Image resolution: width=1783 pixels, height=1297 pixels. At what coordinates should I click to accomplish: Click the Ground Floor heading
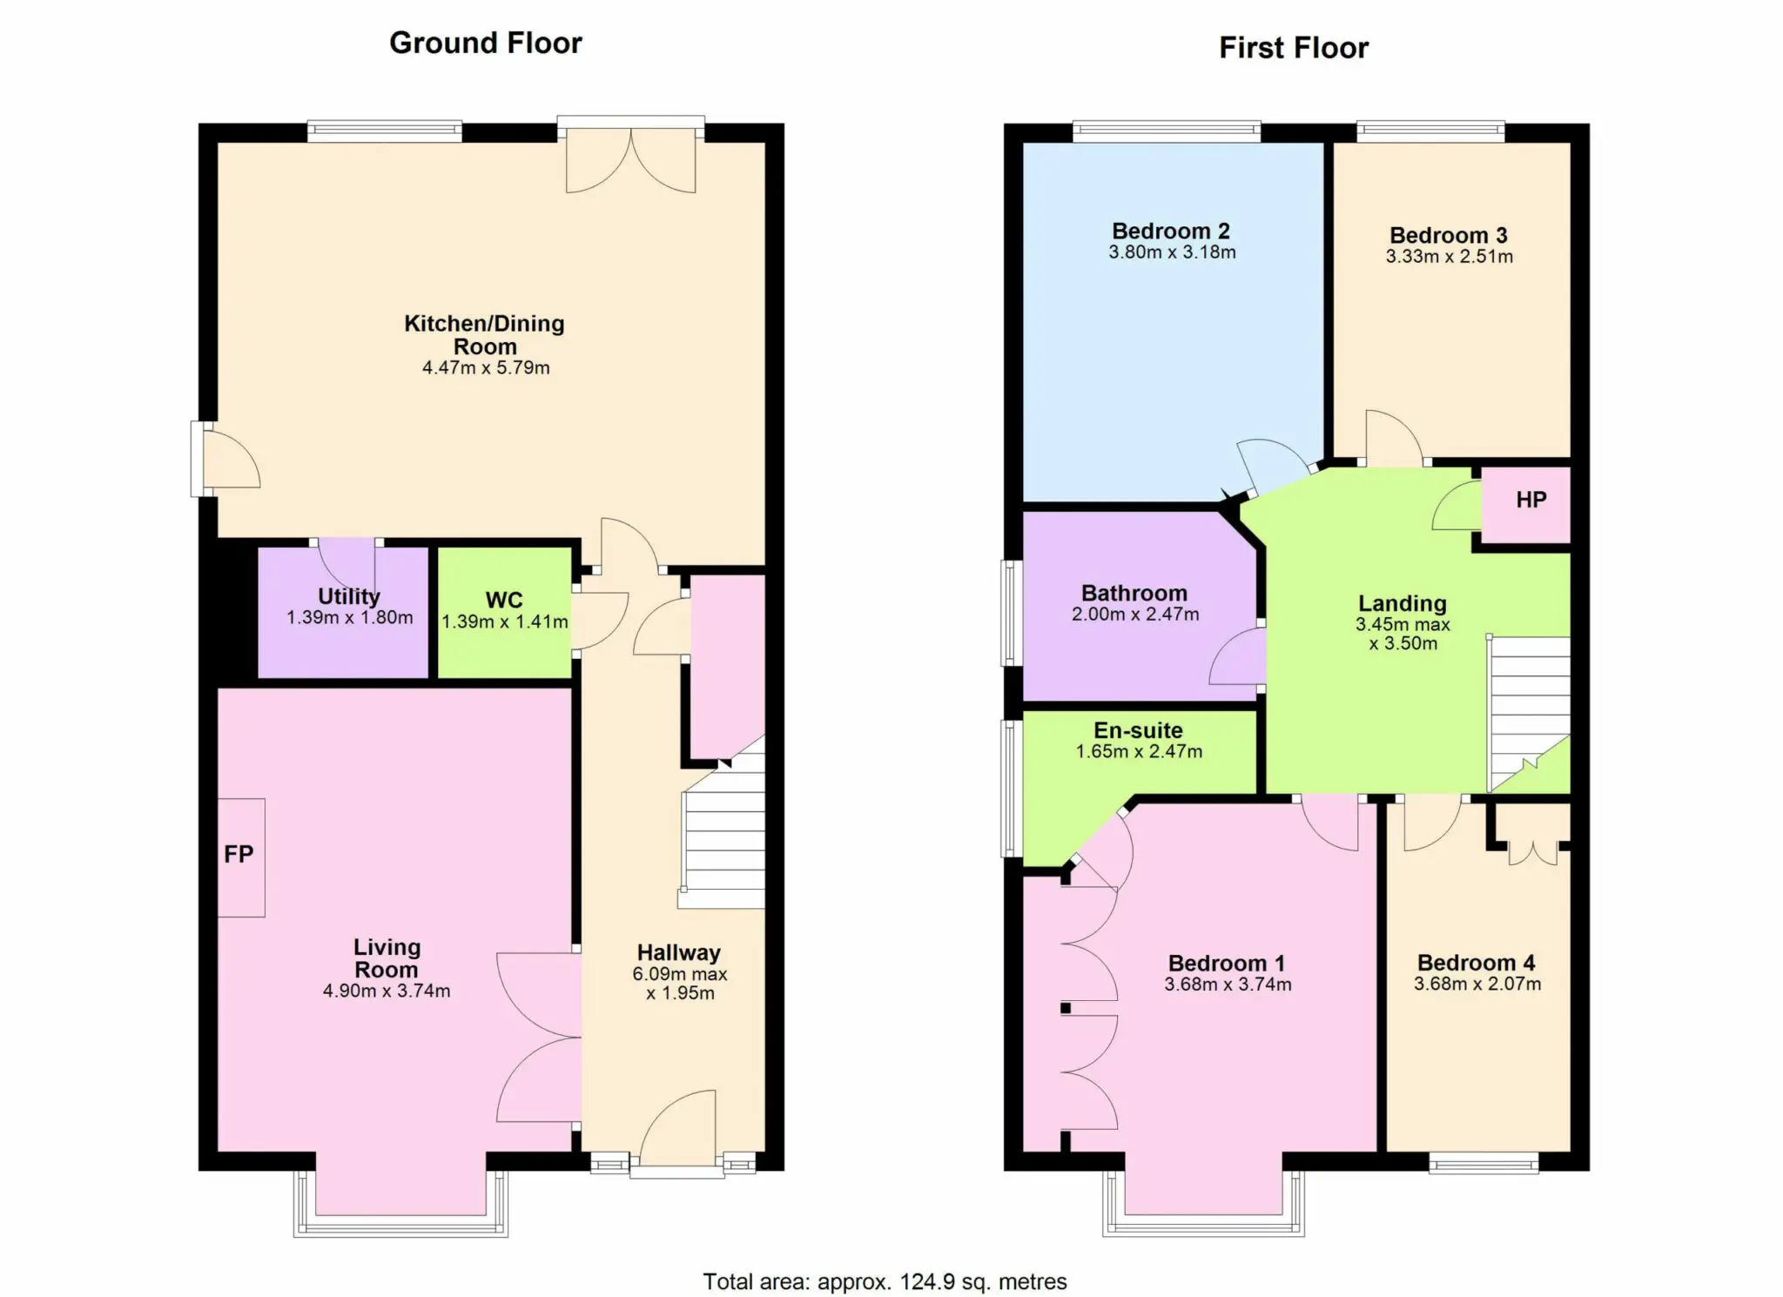(485, 43)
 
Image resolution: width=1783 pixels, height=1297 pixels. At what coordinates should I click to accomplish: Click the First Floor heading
(1294, 48)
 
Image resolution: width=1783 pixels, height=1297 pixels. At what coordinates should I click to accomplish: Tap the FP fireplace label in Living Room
(239, 854)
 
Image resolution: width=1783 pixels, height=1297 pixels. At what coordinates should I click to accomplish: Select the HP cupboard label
(1531, 500)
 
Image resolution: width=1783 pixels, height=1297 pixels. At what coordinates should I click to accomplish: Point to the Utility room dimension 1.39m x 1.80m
(350, 618)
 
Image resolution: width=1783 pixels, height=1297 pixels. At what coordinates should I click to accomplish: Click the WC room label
(504, 600)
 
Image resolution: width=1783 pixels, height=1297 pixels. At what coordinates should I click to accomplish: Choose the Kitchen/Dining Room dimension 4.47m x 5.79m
(486, 368)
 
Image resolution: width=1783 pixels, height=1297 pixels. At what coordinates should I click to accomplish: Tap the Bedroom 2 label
(1171, 231)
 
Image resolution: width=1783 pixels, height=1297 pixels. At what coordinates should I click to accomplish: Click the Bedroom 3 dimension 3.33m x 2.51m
(1450, 257)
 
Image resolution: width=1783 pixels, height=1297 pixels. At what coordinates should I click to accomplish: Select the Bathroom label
(1134, 593)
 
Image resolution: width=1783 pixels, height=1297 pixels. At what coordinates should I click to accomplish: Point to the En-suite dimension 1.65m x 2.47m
(1139, 751)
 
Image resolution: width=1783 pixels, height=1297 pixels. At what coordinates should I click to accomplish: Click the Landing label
(1403, 603)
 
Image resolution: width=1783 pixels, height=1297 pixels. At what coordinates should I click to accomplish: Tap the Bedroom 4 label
(1477, 963)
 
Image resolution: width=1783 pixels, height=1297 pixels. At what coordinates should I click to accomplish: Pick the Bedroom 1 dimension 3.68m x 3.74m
(1228, 985)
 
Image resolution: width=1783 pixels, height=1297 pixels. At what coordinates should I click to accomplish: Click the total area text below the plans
(885, 1281)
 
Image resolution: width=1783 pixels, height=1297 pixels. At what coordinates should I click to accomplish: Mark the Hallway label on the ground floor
(679, 952)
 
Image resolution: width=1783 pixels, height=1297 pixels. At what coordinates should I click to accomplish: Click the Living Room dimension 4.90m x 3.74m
(387, 991)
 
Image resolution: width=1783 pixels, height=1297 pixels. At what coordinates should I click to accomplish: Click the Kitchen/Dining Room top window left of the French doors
(384, 131)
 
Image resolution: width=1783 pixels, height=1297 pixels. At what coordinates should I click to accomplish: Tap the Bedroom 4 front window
(1484, 1163)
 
